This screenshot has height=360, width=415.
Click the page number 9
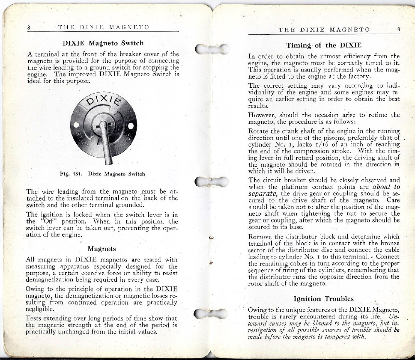[x=398, y=29]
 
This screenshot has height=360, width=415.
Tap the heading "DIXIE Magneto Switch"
[x=103, y=43]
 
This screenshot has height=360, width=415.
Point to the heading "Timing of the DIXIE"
[x=324, y=45]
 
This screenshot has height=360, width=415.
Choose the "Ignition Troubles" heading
[x=324, y=298]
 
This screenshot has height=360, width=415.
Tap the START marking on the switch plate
[x=80, y=137]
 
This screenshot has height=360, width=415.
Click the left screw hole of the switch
[x=75, y=124]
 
